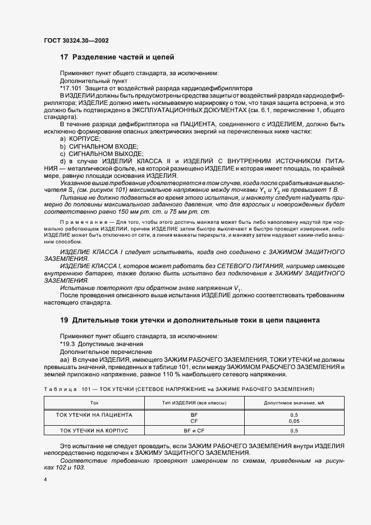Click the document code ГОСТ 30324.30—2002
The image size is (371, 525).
click(x=76, y=40)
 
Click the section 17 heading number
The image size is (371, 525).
click(x=63, y=57)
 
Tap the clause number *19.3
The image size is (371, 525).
click(x=69, y=343)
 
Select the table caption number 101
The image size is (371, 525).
click(x=86, y=388)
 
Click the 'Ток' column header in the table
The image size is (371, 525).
click(x=94, y=403)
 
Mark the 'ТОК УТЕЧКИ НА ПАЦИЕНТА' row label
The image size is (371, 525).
click(x=94, y=415)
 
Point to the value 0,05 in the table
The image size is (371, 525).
click(x=294, y=420)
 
